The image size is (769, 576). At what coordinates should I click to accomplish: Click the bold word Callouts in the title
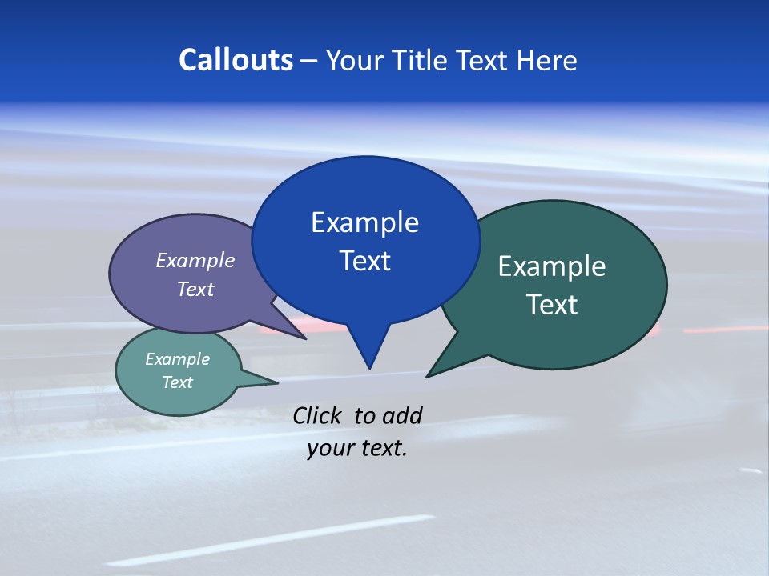click(236, 60)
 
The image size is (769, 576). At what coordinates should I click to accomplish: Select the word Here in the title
click(545, 60)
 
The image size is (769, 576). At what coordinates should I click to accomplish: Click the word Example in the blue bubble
click(364, 222)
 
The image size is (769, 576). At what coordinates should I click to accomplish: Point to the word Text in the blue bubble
click(364, 261)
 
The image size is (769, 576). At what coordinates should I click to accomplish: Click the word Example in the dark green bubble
click(551, 266)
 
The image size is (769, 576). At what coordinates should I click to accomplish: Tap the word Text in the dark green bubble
click(551, 305)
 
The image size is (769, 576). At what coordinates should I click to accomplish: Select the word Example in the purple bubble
click(195, 260)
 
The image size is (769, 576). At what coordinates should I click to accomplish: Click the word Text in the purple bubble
click(195, 289)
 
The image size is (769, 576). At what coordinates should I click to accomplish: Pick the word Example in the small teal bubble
click(177, 359)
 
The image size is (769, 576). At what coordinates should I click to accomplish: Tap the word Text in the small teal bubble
click(177, 382)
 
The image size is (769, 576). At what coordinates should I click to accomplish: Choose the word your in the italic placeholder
click(327, 448)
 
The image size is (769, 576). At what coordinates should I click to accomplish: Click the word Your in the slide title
click(353, 60)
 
